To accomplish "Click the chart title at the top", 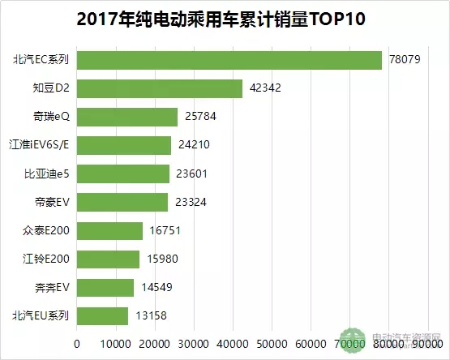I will [225, 19].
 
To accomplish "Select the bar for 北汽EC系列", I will [229, 61].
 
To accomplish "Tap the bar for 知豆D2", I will [160, 89].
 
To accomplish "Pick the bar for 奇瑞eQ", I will [127, 118].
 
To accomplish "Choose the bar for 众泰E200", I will [109, 231].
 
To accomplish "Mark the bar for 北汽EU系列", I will [103, 316].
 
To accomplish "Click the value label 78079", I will [405, 61].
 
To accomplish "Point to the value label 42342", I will [266, 89].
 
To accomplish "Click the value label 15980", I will [162, 259].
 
